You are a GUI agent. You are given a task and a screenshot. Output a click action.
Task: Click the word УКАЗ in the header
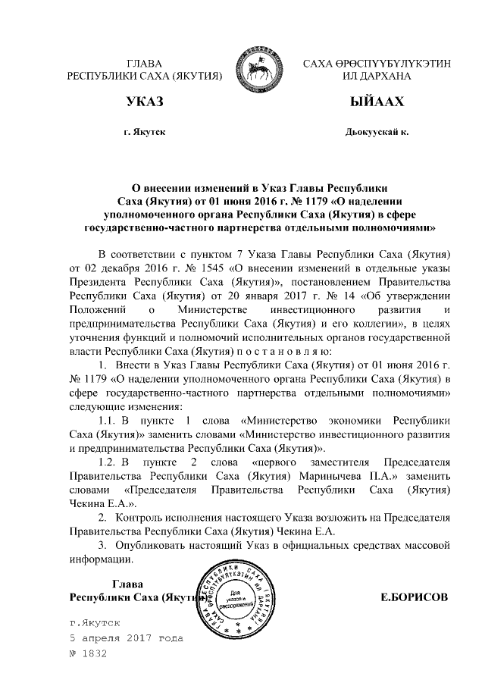(x=145, y=102)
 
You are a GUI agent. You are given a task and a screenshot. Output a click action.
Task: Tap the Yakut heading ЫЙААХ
(x=377, y=102)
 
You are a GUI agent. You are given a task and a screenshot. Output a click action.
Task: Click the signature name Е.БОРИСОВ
(x=414, y=597)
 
